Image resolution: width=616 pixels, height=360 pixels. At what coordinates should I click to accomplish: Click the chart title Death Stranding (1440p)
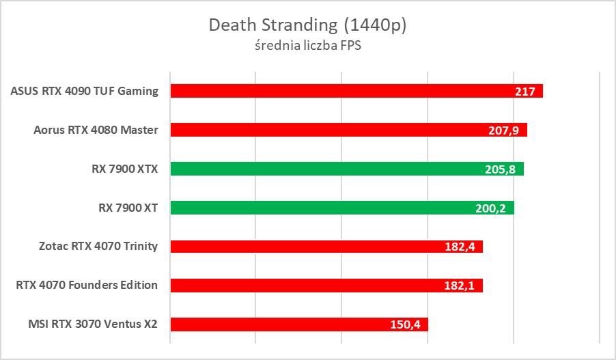coord(307,25)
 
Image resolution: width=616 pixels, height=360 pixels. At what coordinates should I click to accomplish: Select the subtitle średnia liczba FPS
coord(307,46)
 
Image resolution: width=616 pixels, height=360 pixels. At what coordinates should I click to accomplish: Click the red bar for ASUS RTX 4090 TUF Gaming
coord(341,91)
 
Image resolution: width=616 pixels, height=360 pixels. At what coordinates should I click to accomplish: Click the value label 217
coord(524,92)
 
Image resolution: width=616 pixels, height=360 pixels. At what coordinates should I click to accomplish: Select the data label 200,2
coord(492,208)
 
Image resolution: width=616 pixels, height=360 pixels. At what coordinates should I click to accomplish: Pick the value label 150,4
coord(406,325)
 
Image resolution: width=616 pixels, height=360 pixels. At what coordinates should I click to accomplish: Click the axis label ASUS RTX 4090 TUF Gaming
coord(85,91)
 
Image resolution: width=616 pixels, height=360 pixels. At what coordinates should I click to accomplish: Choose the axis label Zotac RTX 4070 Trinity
coord(98,247)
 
